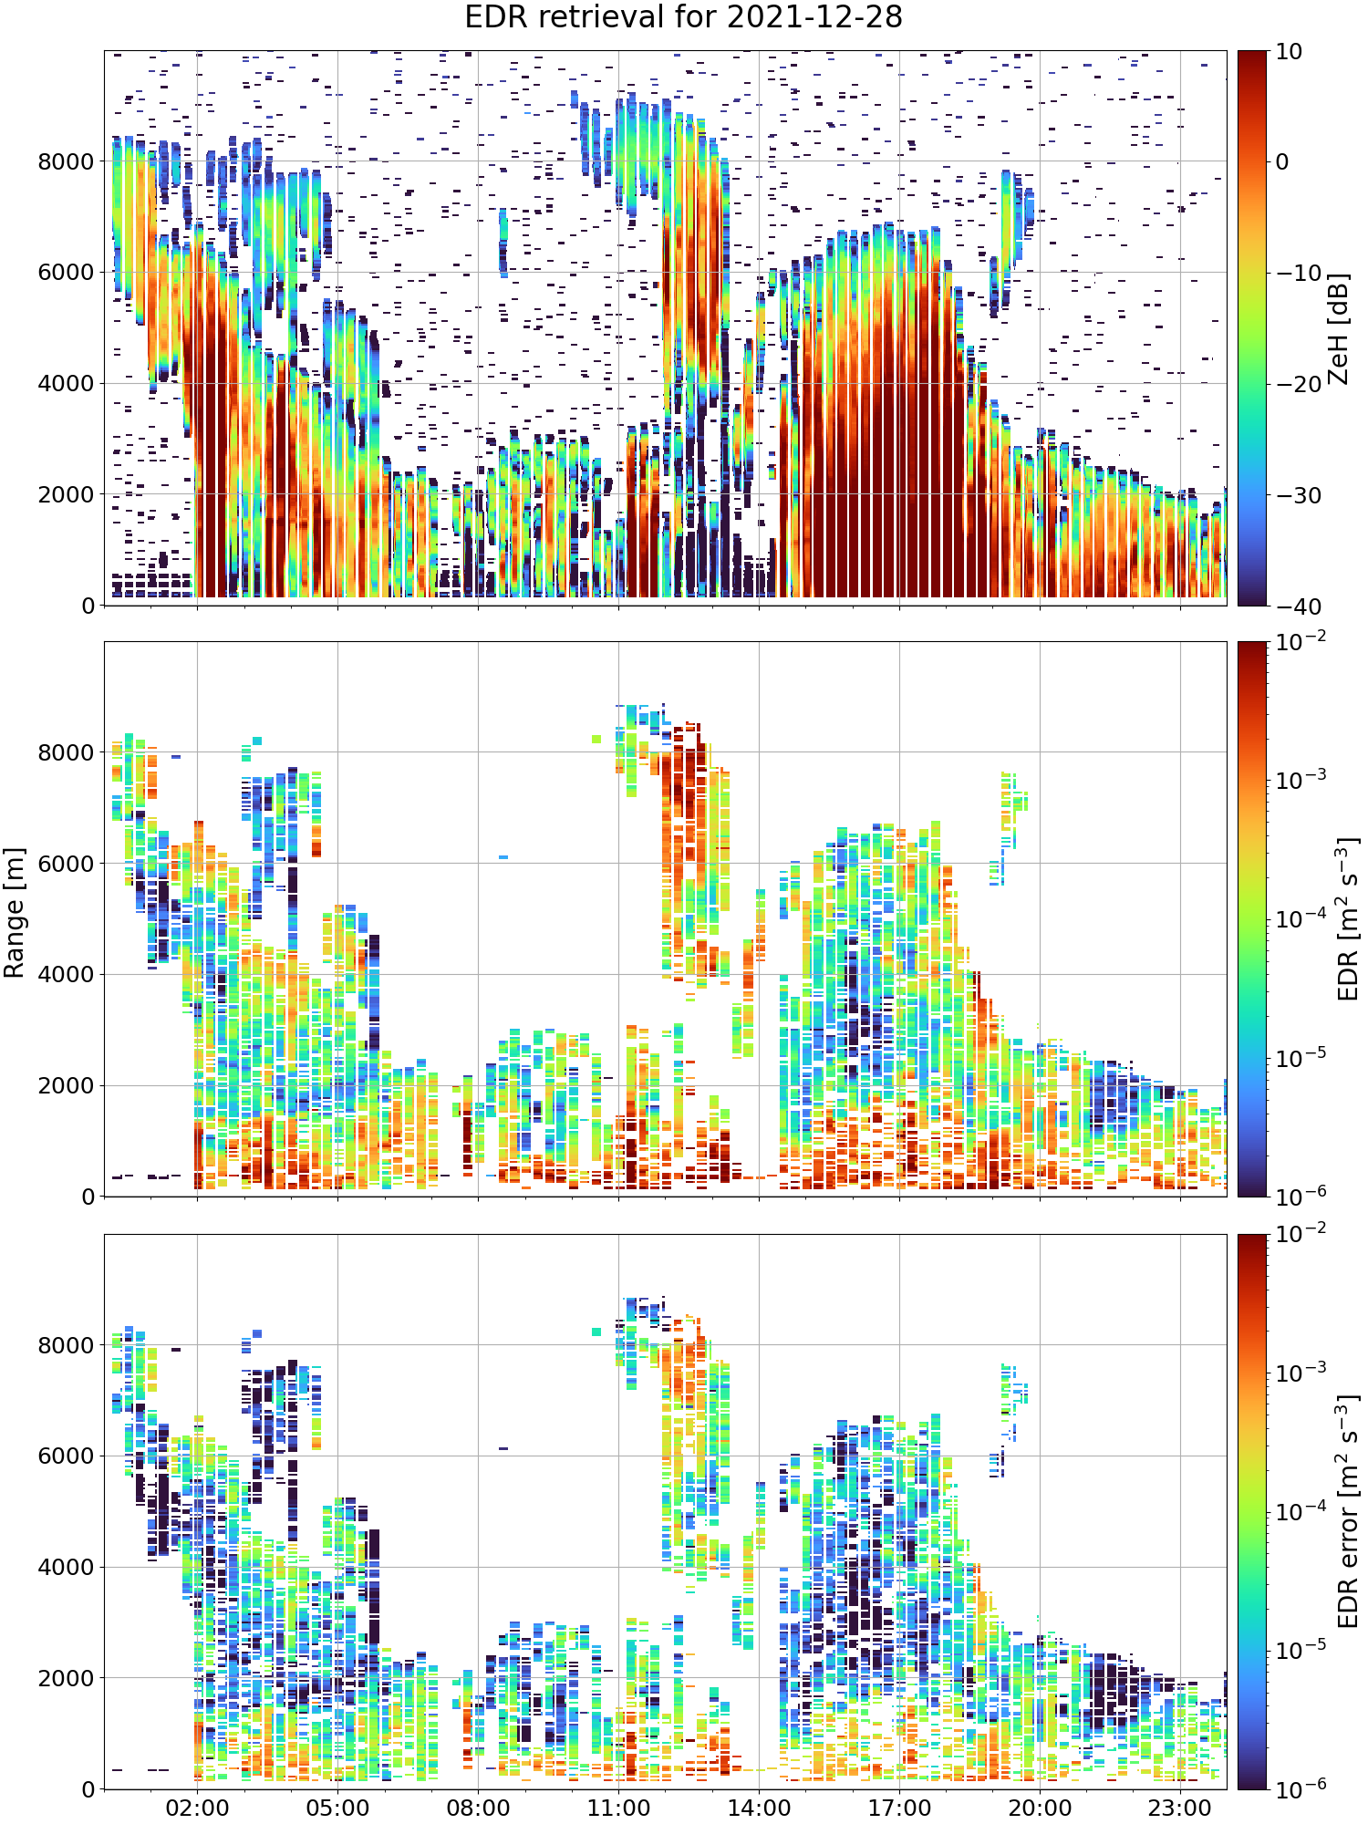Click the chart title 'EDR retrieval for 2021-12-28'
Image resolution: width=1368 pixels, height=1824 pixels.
(683, 17)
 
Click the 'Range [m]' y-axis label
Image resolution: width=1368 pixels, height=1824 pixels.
(15, 913)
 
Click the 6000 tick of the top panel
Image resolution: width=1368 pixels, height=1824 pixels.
(66, 273)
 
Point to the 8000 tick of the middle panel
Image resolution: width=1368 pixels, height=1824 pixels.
(66, 752)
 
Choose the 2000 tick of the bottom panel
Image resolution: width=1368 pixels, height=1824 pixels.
(66, 1678)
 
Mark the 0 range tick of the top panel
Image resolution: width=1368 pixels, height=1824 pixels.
(88, 606)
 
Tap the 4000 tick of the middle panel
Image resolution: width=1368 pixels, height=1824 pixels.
(66, 975)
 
